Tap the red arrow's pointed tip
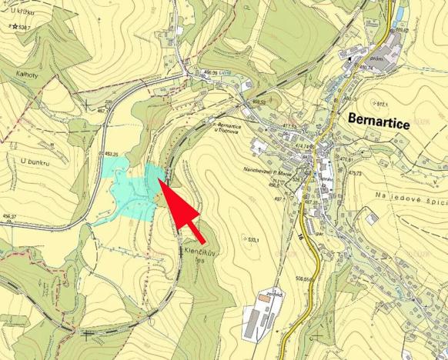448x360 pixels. [159, 178]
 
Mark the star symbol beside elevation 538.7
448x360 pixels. [15, 27]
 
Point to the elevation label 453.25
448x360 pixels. [116, 154]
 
